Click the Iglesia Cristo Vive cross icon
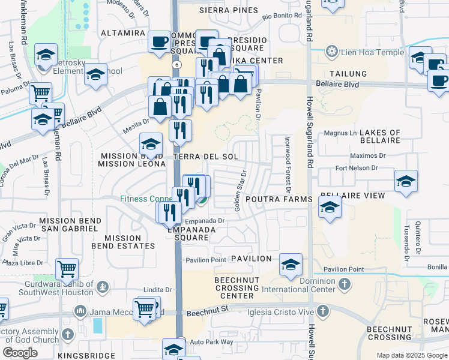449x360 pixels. pos(323,311)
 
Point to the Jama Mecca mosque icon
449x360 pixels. pos(80,311)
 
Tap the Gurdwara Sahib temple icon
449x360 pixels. pos(103,287)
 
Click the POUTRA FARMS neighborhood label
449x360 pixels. pos(279,199)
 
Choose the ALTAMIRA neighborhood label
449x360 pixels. pos(124,32)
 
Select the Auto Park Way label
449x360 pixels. pos(211,341)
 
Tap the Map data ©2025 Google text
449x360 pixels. pos(411,355)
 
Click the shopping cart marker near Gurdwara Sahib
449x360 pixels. pos(67,268)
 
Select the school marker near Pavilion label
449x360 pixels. pos(291,264)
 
